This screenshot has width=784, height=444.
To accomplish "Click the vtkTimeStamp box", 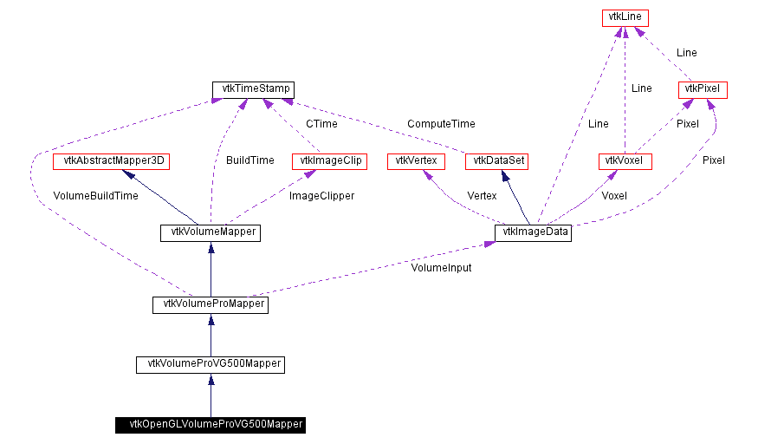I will pos(253,89).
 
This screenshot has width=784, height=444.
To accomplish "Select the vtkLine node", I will pos(625,17).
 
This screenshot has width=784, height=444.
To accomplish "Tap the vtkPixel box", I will pos(703,89).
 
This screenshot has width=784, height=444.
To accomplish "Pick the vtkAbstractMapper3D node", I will pos(113,161).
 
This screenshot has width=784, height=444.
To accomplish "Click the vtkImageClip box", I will pos(330,161).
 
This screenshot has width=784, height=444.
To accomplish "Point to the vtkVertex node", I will pos(416,161).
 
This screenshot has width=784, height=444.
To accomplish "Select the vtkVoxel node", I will pos(625,161).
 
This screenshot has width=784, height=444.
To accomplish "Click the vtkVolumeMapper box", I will pos(211,232).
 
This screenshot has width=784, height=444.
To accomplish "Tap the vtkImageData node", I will pos(533,232).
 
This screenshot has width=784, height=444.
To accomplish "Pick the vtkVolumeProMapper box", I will pos(211,304).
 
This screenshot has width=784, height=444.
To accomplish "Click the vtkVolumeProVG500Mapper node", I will pos(211,364).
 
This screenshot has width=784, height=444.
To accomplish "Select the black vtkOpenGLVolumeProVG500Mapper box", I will pos(211,425).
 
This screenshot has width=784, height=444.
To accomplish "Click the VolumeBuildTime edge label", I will pos(95,196).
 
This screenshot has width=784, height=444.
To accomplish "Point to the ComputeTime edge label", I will pos(441,124).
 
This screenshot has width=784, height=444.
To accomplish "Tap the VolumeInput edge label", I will pos(441,268).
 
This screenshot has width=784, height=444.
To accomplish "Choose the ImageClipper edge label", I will pos(321,196).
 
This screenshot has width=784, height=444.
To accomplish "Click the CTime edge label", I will pos(321,124).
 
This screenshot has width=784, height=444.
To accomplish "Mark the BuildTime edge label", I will pos(249,160).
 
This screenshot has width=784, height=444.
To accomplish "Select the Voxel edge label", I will pos(613,196).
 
